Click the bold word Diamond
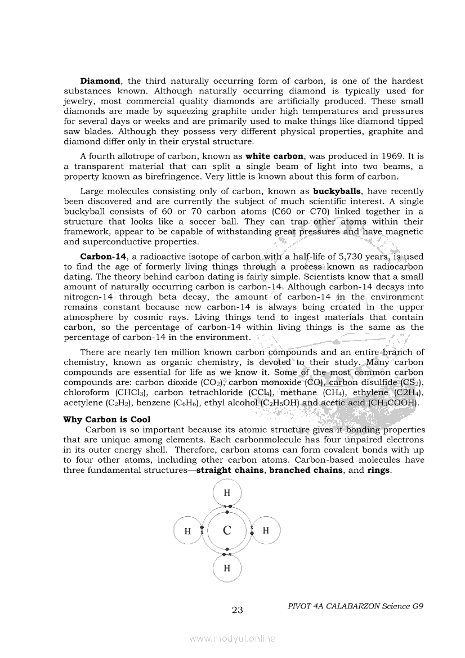101,81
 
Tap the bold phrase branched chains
306,470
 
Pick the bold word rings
378,470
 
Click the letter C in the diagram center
227,530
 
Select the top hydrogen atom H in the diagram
227,493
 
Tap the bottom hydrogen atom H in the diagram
227,567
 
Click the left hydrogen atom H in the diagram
187,531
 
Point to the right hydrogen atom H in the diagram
266,530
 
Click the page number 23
237,610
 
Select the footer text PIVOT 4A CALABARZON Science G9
355,606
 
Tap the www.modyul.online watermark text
232,638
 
